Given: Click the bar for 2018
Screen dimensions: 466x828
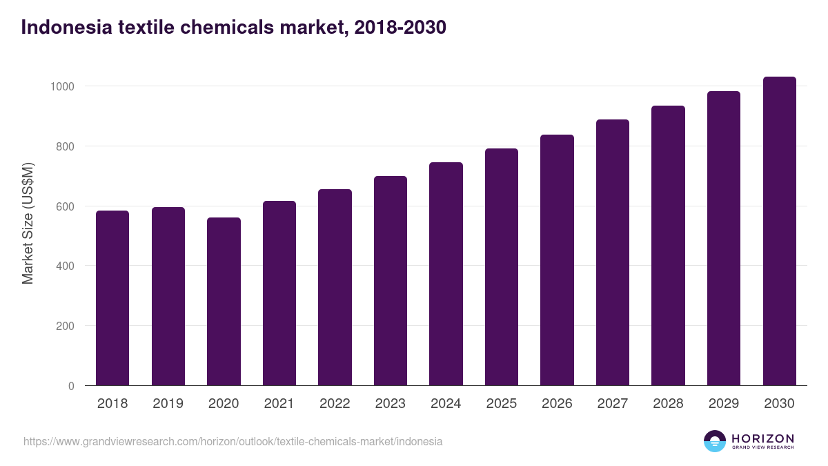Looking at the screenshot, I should [x=112, y=298].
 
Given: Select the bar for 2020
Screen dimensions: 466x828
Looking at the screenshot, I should [x=224, y=302].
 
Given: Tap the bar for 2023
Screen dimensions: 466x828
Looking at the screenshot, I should [x=391, y=281].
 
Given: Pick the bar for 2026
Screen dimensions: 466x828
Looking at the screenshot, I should [x=557, y=260].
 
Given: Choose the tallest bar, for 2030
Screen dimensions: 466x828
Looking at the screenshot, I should [x=779, y=231].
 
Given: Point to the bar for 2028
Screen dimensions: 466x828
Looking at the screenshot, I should [x=668, y=246].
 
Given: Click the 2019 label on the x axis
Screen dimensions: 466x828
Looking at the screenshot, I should [x=168, y=404].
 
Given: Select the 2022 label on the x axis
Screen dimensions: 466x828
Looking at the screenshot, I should [x=335, y=404].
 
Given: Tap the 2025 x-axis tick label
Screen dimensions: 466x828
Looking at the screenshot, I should [x=501, y=404].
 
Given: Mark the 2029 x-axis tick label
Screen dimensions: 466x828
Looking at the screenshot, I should [x=723, y=404].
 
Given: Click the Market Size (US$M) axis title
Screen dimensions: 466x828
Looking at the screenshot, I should [x=28, y=224].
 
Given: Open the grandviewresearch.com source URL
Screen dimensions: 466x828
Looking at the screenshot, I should [x=233, y=441].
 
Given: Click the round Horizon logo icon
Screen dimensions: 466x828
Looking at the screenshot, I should [x=715, y=441].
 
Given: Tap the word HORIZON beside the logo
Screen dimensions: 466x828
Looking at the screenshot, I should [x=762, y=438].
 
